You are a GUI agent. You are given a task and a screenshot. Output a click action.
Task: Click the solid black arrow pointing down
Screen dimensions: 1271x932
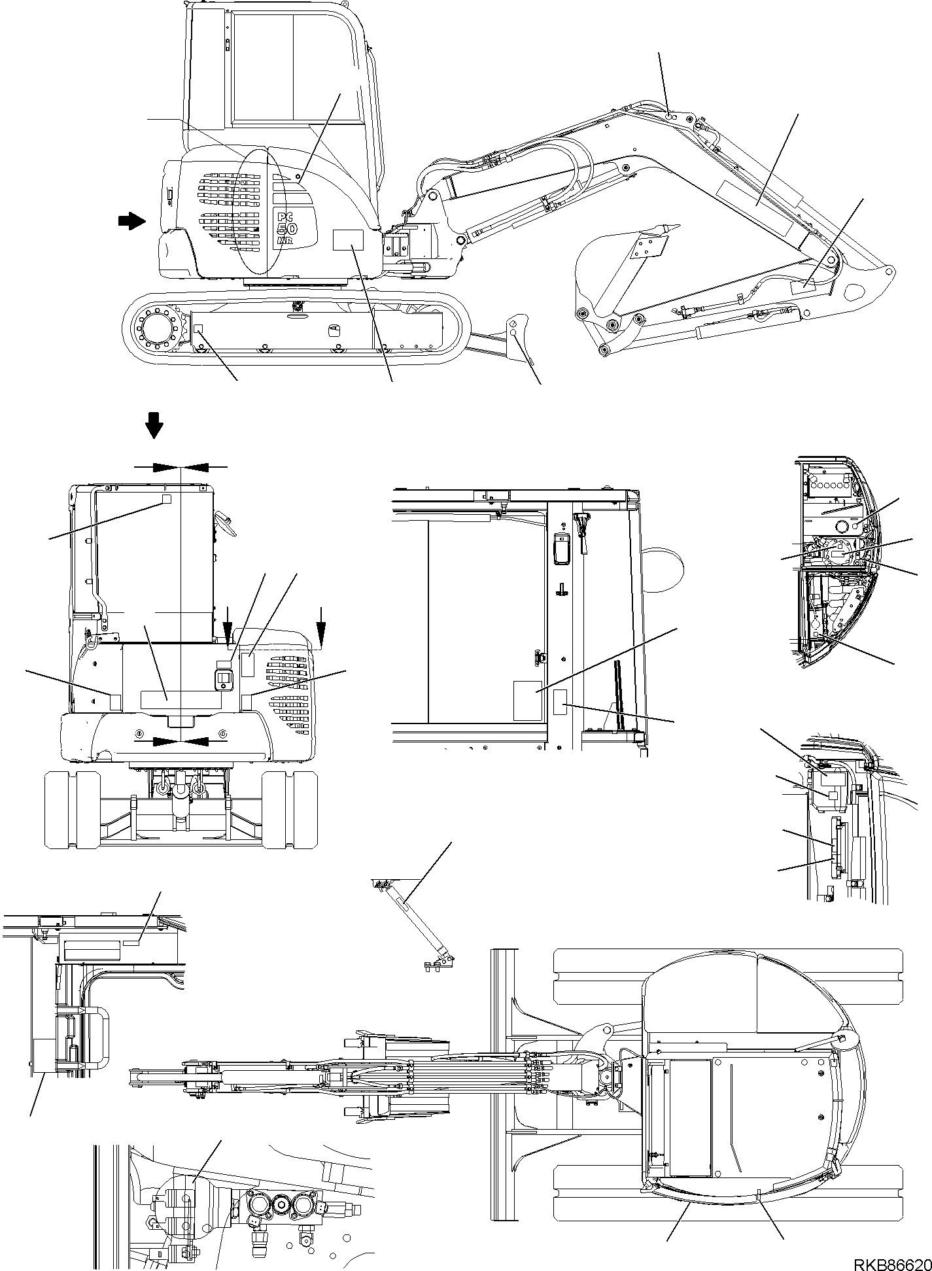pos(154,425)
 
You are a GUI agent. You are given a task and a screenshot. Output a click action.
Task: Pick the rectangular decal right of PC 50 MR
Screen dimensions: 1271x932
pos(347,240)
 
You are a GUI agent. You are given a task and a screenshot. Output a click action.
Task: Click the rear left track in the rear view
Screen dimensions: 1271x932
pos(72,809)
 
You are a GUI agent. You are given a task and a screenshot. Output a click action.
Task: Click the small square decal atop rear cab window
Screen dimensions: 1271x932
pos(166,498)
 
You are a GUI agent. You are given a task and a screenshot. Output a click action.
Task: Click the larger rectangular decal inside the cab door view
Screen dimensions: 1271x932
pos(528,701)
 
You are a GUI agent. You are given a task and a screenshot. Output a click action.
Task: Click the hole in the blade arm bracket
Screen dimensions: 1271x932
pos(515,333)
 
